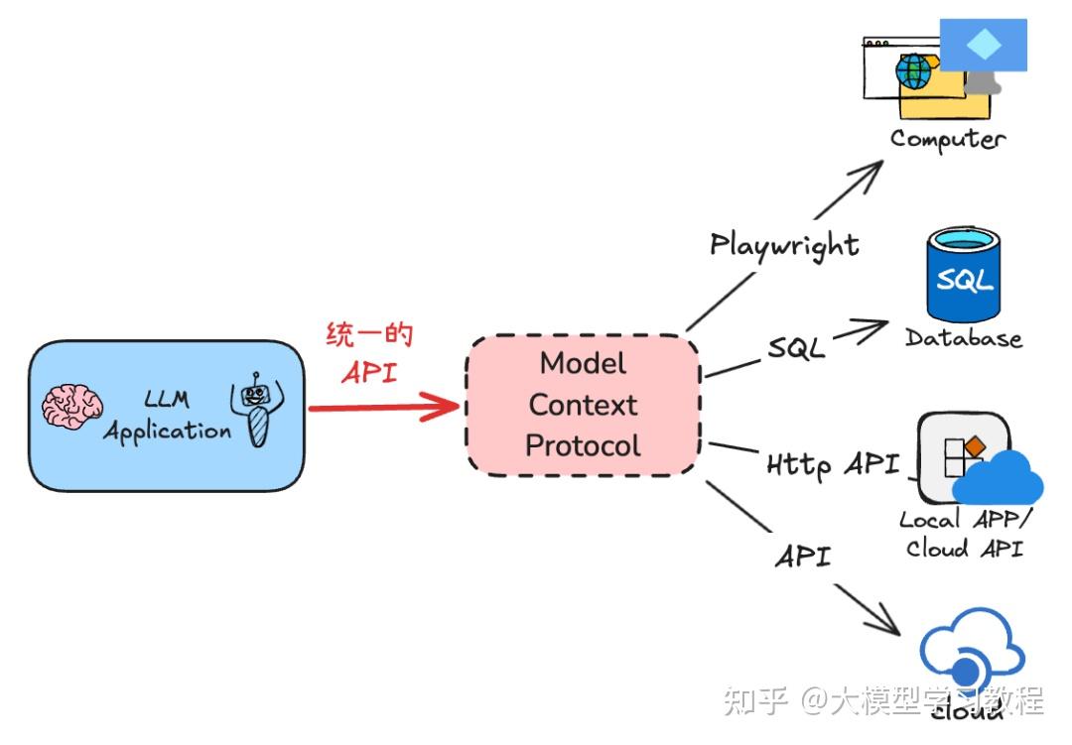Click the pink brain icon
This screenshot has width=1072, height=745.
[72, 408]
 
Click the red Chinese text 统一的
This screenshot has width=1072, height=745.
[369, 335]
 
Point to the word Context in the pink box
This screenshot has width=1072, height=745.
[583, 405]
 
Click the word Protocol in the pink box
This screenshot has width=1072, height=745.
[583, 446]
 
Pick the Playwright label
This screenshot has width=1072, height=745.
[784, 244]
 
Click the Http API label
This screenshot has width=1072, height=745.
[833, 463]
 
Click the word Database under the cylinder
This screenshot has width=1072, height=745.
[963, 338]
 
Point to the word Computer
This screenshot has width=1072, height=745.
[947, 139]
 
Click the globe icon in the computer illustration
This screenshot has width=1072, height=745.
[914, 71]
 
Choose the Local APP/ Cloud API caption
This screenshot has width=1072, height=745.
[962, 534]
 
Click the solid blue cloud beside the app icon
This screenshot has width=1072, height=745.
[999, 479]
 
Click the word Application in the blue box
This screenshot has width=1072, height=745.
[167, 432]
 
